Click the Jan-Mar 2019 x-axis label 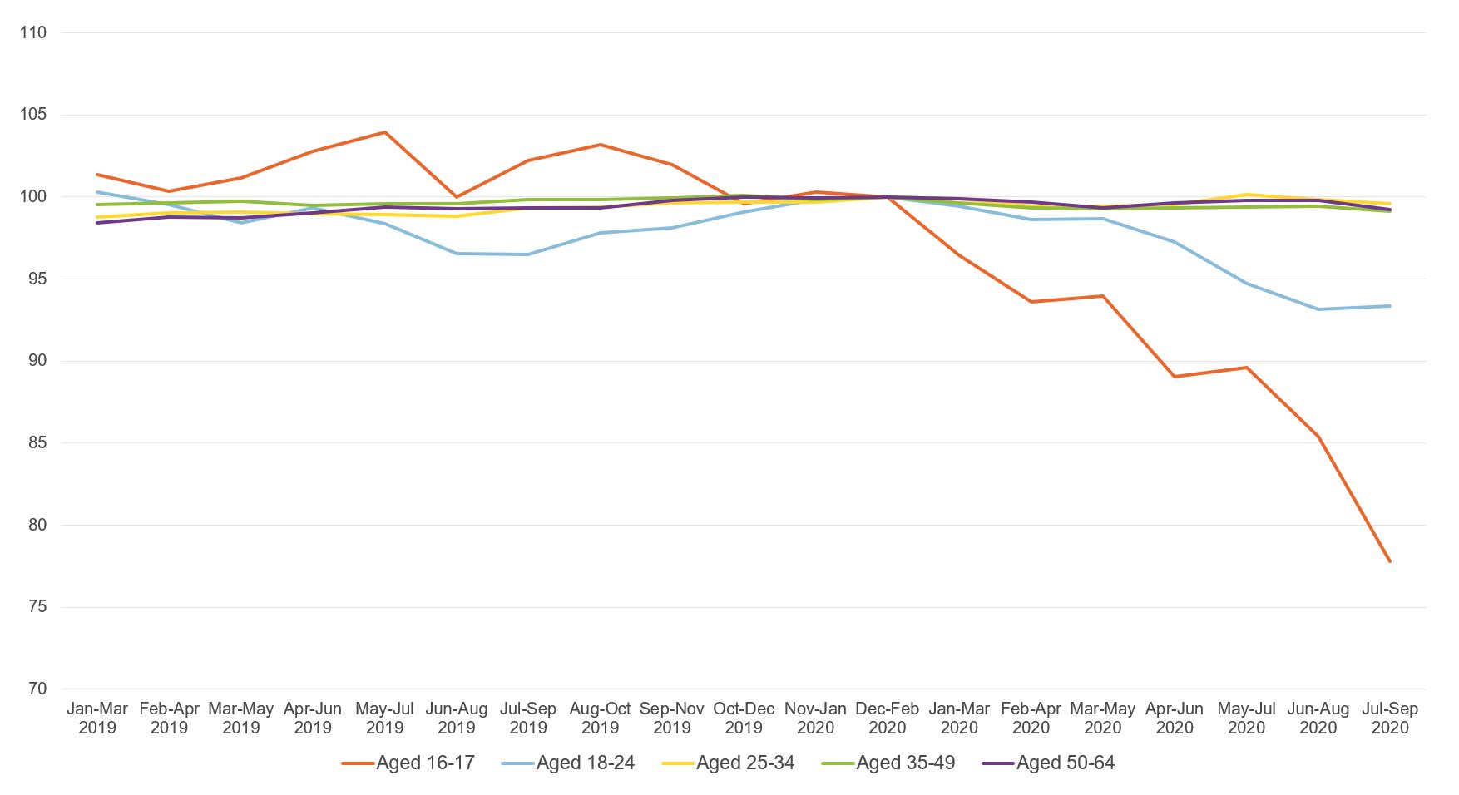click(97, 718)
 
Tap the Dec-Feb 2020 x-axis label click(887, 718)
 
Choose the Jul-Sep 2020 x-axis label click(1390, 718)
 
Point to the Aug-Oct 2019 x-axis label click(600, 718)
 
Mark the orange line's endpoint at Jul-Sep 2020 click(1390, 561)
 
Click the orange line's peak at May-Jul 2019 click(384, 132)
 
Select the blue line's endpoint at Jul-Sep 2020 click(1390, 306)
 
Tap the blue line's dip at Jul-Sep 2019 click(528, 254)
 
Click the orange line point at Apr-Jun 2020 click(1175, 377)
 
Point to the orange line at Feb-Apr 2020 click(1031, 302)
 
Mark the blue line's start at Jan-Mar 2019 click(97, 192)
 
